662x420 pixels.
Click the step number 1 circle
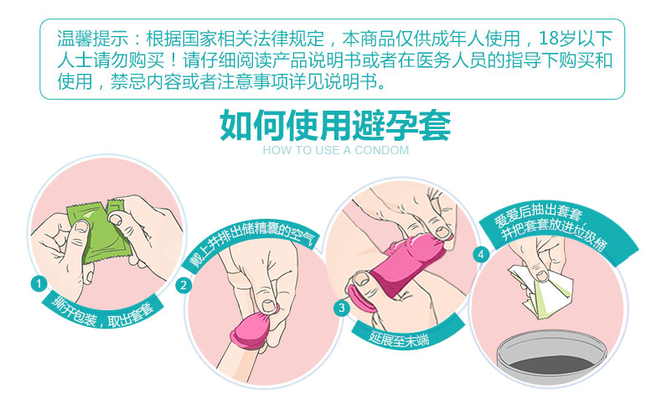click(x=39, y=283)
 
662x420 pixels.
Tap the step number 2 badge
click(x=184, y=286)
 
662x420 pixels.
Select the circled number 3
click(x=342, y=308)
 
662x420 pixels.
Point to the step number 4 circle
click(x=480, y=254)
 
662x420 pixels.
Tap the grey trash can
click(x=551, y=357)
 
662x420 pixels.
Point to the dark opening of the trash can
click(x=552, y=364)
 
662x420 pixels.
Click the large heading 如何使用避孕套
click(x=336, y=125)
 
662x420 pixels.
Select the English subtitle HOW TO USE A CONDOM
click(x=336, y=150)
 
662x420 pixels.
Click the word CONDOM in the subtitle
click(x=381, y=150)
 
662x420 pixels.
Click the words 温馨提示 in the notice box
click(x=92, y=39)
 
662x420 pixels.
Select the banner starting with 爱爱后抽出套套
click(x=556, y=233)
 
